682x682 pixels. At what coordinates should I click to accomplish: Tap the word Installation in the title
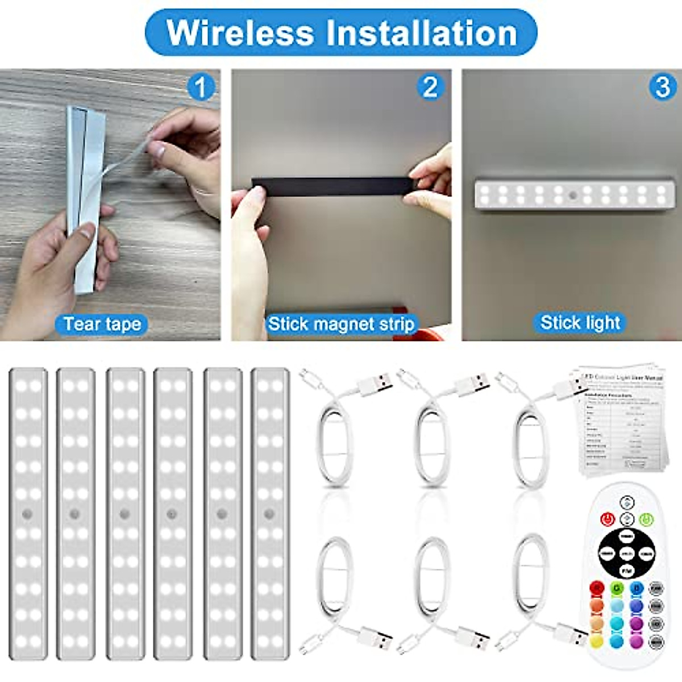[x=421, y=32]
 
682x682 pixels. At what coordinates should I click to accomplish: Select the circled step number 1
[x=201, y=88]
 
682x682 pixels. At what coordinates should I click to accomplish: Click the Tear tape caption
[x=102, y=324]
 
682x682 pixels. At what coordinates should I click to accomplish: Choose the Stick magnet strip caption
[x=341, y=324]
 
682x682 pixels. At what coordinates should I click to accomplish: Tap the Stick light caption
[x=580, y=323]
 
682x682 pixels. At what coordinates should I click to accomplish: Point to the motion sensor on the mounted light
[x=574, y=195]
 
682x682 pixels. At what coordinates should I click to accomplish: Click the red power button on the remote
[x=608, y=518]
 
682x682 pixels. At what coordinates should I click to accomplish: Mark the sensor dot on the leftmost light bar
[x=27, y=514]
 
